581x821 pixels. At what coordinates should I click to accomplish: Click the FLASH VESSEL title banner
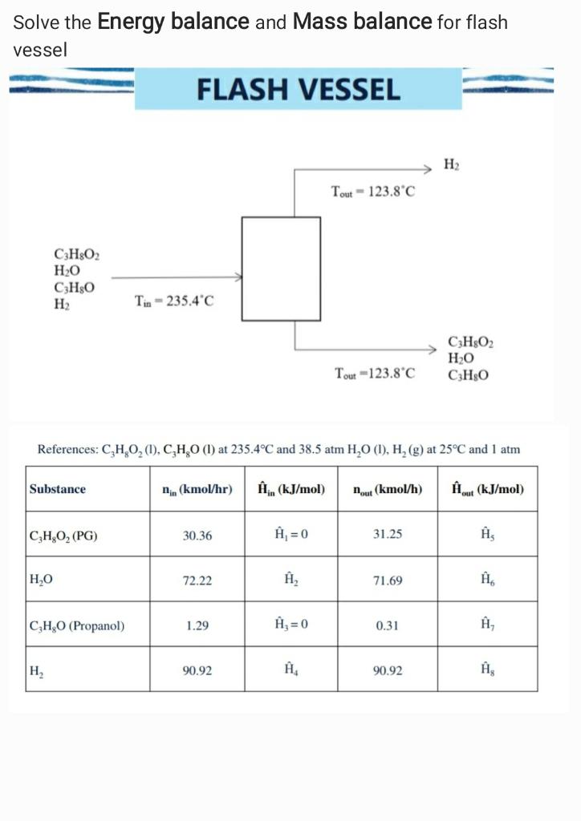[299, 89]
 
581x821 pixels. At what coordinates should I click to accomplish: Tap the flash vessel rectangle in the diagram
[281, 269]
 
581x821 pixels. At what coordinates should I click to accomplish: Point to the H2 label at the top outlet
[452, 165]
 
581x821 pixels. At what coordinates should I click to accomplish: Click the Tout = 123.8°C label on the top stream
[373, 192]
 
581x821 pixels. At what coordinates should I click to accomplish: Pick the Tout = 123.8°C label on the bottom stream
[375, 373]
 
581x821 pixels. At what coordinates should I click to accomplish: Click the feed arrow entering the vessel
[177, 277]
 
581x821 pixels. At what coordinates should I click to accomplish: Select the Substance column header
[57, 488]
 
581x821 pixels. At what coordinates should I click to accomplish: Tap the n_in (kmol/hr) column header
[197, 488]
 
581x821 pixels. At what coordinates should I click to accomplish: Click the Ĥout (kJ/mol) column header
[487, 488]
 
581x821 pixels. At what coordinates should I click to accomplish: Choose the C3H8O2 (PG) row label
[63, 535]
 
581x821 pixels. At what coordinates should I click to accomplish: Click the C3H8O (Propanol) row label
[76, 625]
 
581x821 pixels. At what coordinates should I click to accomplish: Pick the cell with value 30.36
[197, 535]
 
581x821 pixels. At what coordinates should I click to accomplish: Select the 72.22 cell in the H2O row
[197, 580]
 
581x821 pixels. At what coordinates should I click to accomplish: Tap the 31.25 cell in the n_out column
[388, 535]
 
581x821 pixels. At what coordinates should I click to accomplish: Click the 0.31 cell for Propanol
[388, 625]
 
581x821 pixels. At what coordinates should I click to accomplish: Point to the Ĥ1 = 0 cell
[290, 535]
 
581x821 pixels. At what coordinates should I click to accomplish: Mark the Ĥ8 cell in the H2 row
[487, 669]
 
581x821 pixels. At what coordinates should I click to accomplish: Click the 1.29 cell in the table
[197, 625]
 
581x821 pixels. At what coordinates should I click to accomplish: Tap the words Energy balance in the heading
[173, 22]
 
